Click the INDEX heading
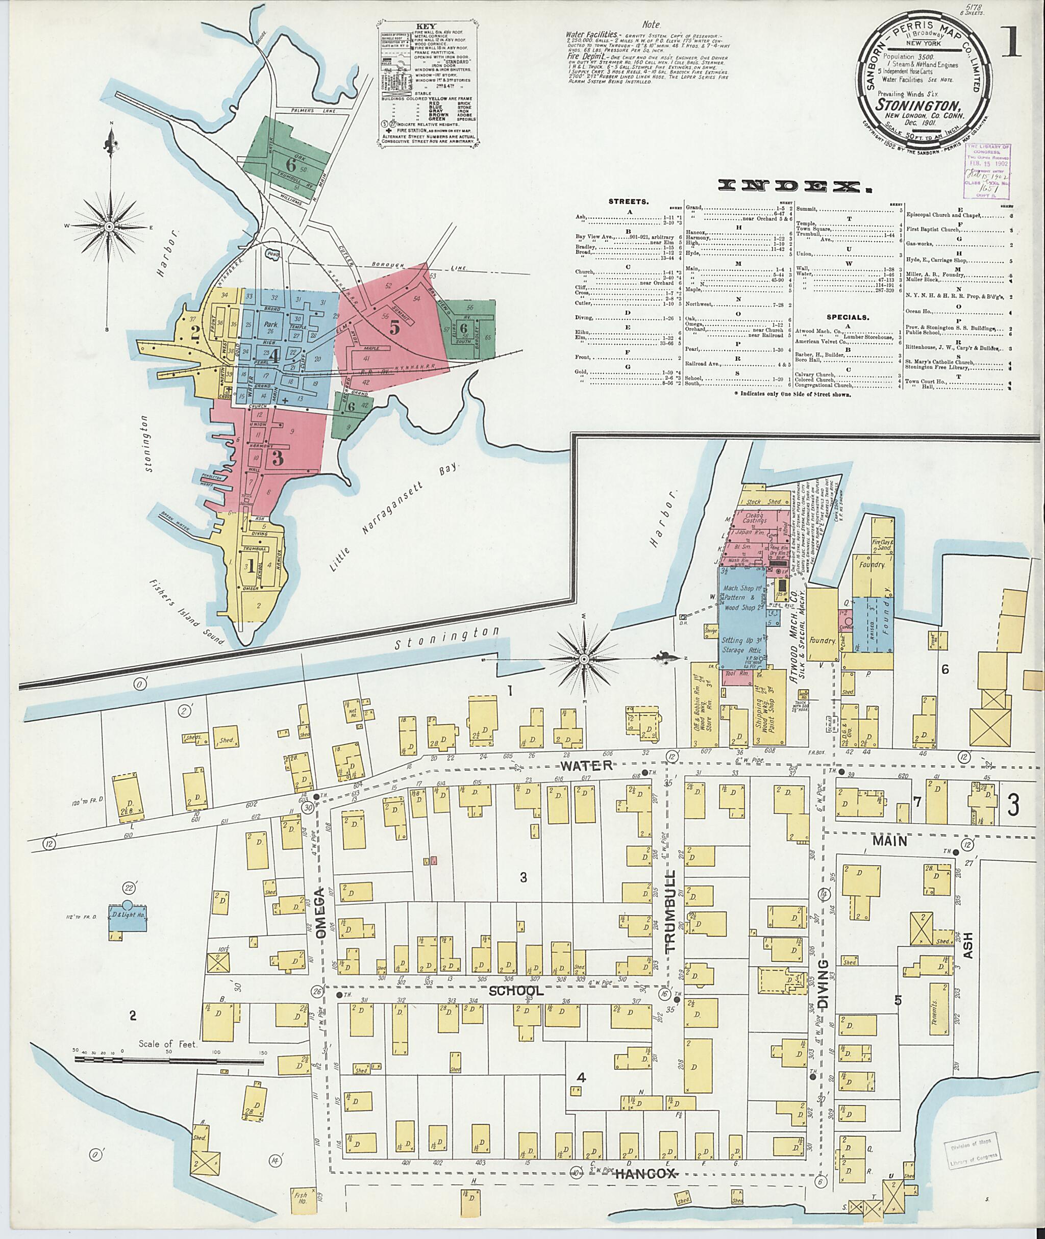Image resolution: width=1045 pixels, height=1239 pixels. click(x=779, y=186)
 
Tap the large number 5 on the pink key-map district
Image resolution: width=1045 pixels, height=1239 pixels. click(x=394, y=326)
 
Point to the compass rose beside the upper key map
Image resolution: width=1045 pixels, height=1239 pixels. click(x=110, y=226)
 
